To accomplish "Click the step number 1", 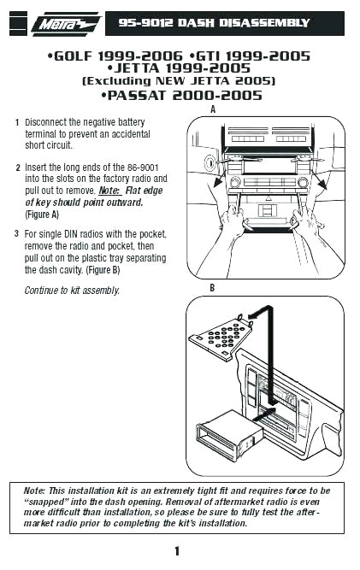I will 17,123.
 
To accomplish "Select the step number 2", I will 17,167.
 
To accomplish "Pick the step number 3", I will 17,233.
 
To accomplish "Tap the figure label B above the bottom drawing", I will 212,288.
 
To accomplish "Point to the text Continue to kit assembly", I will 72,291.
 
